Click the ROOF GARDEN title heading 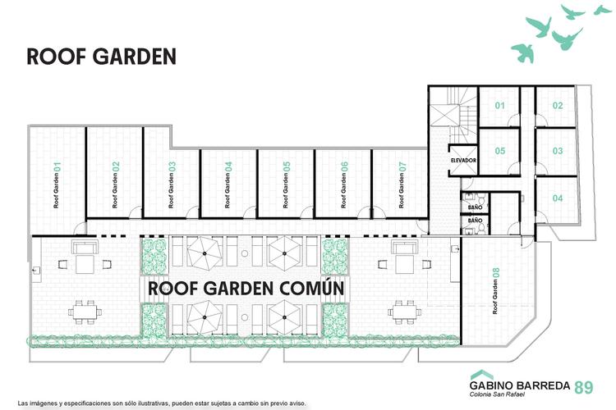click(101, 57)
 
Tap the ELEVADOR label click(463, 160)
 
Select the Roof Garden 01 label click(57, 184)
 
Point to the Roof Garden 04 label click(228, 184)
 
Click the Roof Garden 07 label click(402, 184)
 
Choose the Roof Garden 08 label click(496, 291)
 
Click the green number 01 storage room click(499, 106)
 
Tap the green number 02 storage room click(558, 106)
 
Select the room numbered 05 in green click(499, 151)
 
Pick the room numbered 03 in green click(558, 151)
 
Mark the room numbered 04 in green click(558, 198)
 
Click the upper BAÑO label click(475, 207)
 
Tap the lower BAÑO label click(475, 221)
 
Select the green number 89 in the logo click(584, 387)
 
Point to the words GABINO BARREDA click(520, 385)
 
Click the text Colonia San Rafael click(497, 394)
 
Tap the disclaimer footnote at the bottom click(162, 403)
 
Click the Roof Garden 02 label click(115, 184)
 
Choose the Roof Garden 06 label click(344, 184)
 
